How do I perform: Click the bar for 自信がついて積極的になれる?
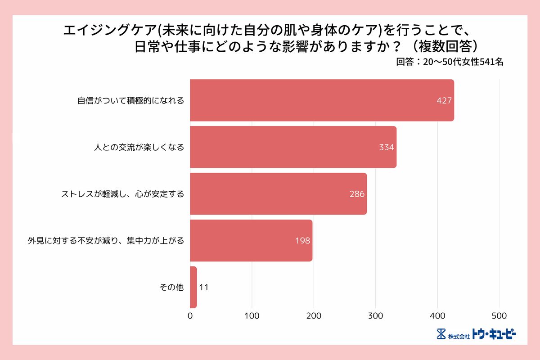322,100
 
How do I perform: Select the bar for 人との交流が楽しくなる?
293,147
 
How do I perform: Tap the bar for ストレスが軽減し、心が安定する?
278,194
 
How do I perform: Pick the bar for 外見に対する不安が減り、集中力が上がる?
251,241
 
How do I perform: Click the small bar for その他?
193,287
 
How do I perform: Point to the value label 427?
444,101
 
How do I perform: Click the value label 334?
387,148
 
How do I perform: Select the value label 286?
357,194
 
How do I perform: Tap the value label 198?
302,241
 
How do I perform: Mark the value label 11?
203,287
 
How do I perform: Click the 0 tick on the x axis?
190,315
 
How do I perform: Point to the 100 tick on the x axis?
252,315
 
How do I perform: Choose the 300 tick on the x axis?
376,315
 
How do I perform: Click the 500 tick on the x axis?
499,315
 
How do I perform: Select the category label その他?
172,287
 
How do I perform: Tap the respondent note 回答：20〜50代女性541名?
450,63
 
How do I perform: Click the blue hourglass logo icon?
441,334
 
